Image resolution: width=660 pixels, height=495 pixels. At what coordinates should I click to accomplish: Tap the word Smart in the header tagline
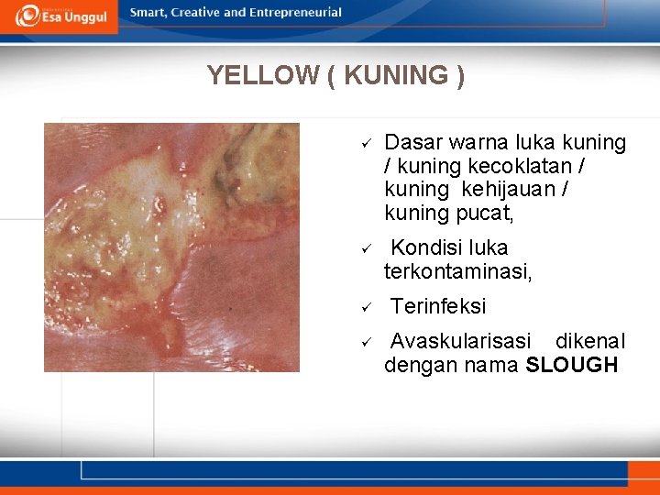148,13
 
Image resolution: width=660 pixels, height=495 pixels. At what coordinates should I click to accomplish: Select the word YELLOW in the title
262,75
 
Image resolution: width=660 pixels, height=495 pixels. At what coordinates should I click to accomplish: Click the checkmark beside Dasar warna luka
364,144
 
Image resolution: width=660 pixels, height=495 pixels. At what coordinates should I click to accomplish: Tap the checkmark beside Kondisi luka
364,248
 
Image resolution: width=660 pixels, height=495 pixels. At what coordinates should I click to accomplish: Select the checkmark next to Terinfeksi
364,307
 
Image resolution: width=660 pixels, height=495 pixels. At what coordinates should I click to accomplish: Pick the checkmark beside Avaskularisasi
364,343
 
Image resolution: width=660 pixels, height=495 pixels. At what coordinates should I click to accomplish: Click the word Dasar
412,143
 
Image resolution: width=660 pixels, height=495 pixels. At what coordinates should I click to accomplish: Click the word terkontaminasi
457,271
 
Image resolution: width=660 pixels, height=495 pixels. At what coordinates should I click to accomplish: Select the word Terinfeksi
438,306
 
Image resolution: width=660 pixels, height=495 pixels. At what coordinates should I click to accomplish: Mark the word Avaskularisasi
460,342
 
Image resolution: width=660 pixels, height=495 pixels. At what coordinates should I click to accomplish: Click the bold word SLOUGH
572,366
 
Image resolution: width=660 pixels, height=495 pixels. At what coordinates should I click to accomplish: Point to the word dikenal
590,342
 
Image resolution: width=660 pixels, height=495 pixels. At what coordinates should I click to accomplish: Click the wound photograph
171,247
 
